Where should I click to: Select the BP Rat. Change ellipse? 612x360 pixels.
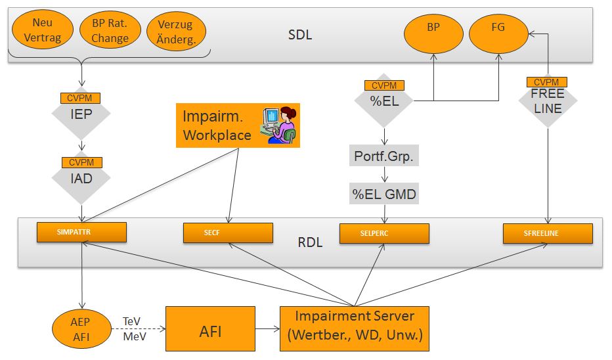coord(110,32)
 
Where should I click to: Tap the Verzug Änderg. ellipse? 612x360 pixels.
coord(176,32)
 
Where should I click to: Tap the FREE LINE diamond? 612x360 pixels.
coord(547,102)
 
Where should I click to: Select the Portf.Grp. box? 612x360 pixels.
coord(383,156)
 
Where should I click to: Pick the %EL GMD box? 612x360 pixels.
coord(383,194)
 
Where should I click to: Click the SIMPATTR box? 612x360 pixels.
coord(81,233)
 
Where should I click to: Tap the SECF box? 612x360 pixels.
coord(227,233)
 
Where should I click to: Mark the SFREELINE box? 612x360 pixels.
coord(548,233)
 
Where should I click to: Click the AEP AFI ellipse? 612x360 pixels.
coord(81,330)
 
